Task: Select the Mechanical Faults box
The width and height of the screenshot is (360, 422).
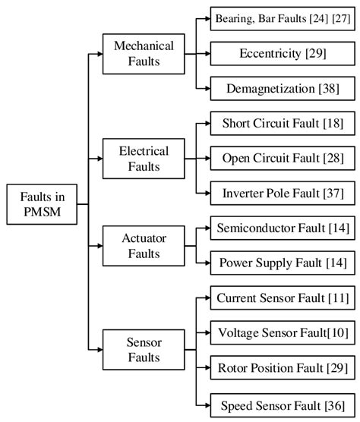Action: coord(144,54)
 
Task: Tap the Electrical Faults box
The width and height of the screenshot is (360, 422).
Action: coord(144,158)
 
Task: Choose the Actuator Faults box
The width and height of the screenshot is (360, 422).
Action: coord(144,245)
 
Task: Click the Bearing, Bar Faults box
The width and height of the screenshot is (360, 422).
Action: coord(281,17)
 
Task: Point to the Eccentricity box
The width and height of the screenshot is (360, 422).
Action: coord(281,53)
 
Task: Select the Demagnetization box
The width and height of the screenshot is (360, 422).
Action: coord(281,89)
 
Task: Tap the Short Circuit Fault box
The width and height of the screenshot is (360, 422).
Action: coord(281,122)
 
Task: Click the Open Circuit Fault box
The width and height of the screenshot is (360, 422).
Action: coord(281,158)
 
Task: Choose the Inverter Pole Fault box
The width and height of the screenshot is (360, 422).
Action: coord(281,194)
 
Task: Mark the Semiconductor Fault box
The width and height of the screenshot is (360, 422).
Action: coord(281,228)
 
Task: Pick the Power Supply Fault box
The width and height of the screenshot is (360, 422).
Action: coord(281,263)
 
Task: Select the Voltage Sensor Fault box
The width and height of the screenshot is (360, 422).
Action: coord(281,332)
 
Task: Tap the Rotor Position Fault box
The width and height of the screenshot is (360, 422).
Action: coord(281,368)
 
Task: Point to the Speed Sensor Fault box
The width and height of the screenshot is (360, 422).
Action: coord(281,404)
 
